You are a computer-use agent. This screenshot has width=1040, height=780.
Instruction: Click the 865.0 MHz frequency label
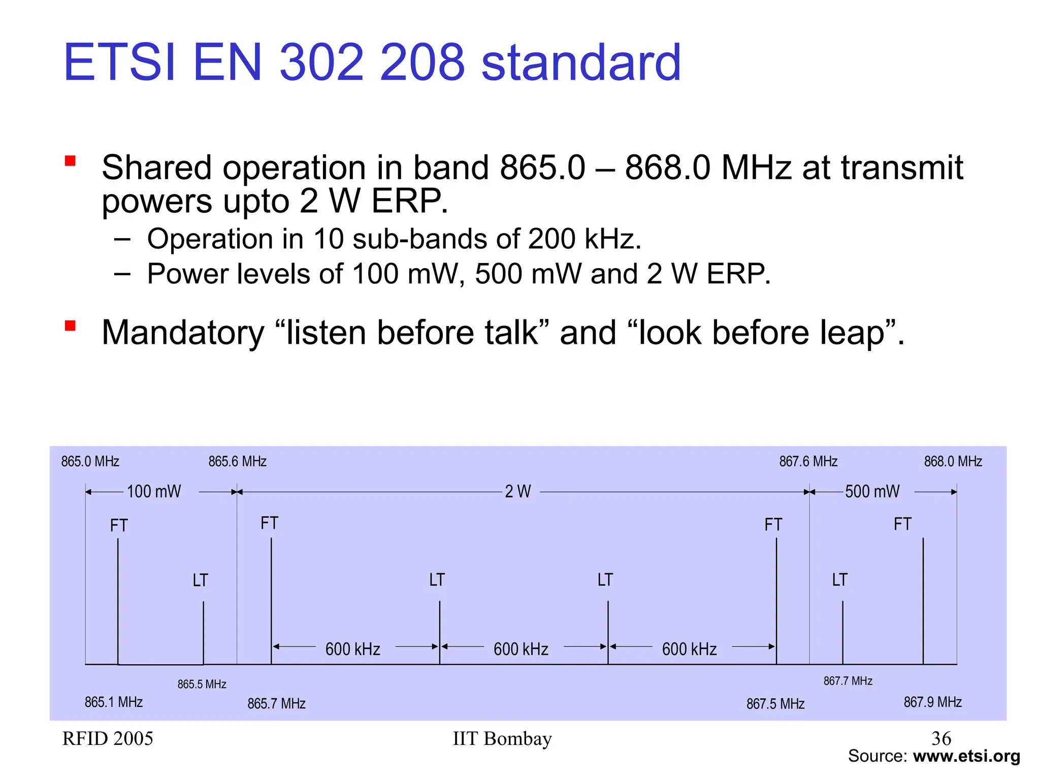pos(90,462)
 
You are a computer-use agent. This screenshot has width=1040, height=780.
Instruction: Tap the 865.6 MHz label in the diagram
pos(237,462)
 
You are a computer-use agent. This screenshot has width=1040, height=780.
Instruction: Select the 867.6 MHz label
pos(808,462)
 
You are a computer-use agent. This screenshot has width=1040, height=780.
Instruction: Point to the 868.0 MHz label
pos(953,462)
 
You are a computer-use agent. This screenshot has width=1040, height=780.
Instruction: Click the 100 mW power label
pos(153,492)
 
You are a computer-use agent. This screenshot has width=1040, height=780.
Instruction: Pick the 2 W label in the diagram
pos(517,492)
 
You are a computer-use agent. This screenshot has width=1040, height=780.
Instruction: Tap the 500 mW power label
pos(872,492)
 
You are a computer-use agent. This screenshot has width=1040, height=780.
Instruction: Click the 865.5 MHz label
pos(202,685)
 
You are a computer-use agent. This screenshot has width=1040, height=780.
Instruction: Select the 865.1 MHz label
pos(113,702)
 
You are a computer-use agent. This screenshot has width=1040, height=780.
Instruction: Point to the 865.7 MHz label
pos(276,704)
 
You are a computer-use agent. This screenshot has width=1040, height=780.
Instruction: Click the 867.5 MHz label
pos(775,704)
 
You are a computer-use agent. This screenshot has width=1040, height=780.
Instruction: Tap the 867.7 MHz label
pos(848,681)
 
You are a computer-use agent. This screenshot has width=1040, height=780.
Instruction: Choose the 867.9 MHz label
pos(932,702)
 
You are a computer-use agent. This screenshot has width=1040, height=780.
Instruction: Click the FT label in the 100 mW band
pos(119,526)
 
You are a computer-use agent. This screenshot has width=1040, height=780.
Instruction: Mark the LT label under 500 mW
pos(839,580)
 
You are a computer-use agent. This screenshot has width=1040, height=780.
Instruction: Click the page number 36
pos(941,738)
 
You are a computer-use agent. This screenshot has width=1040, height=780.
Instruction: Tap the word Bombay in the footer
pos(517,739)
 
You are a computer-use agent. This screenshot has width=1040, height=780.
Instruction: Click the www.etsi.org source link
pos(966,756)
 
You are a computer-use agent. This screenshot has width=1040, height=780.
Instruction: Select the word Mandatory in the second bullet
pos(183,333)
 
